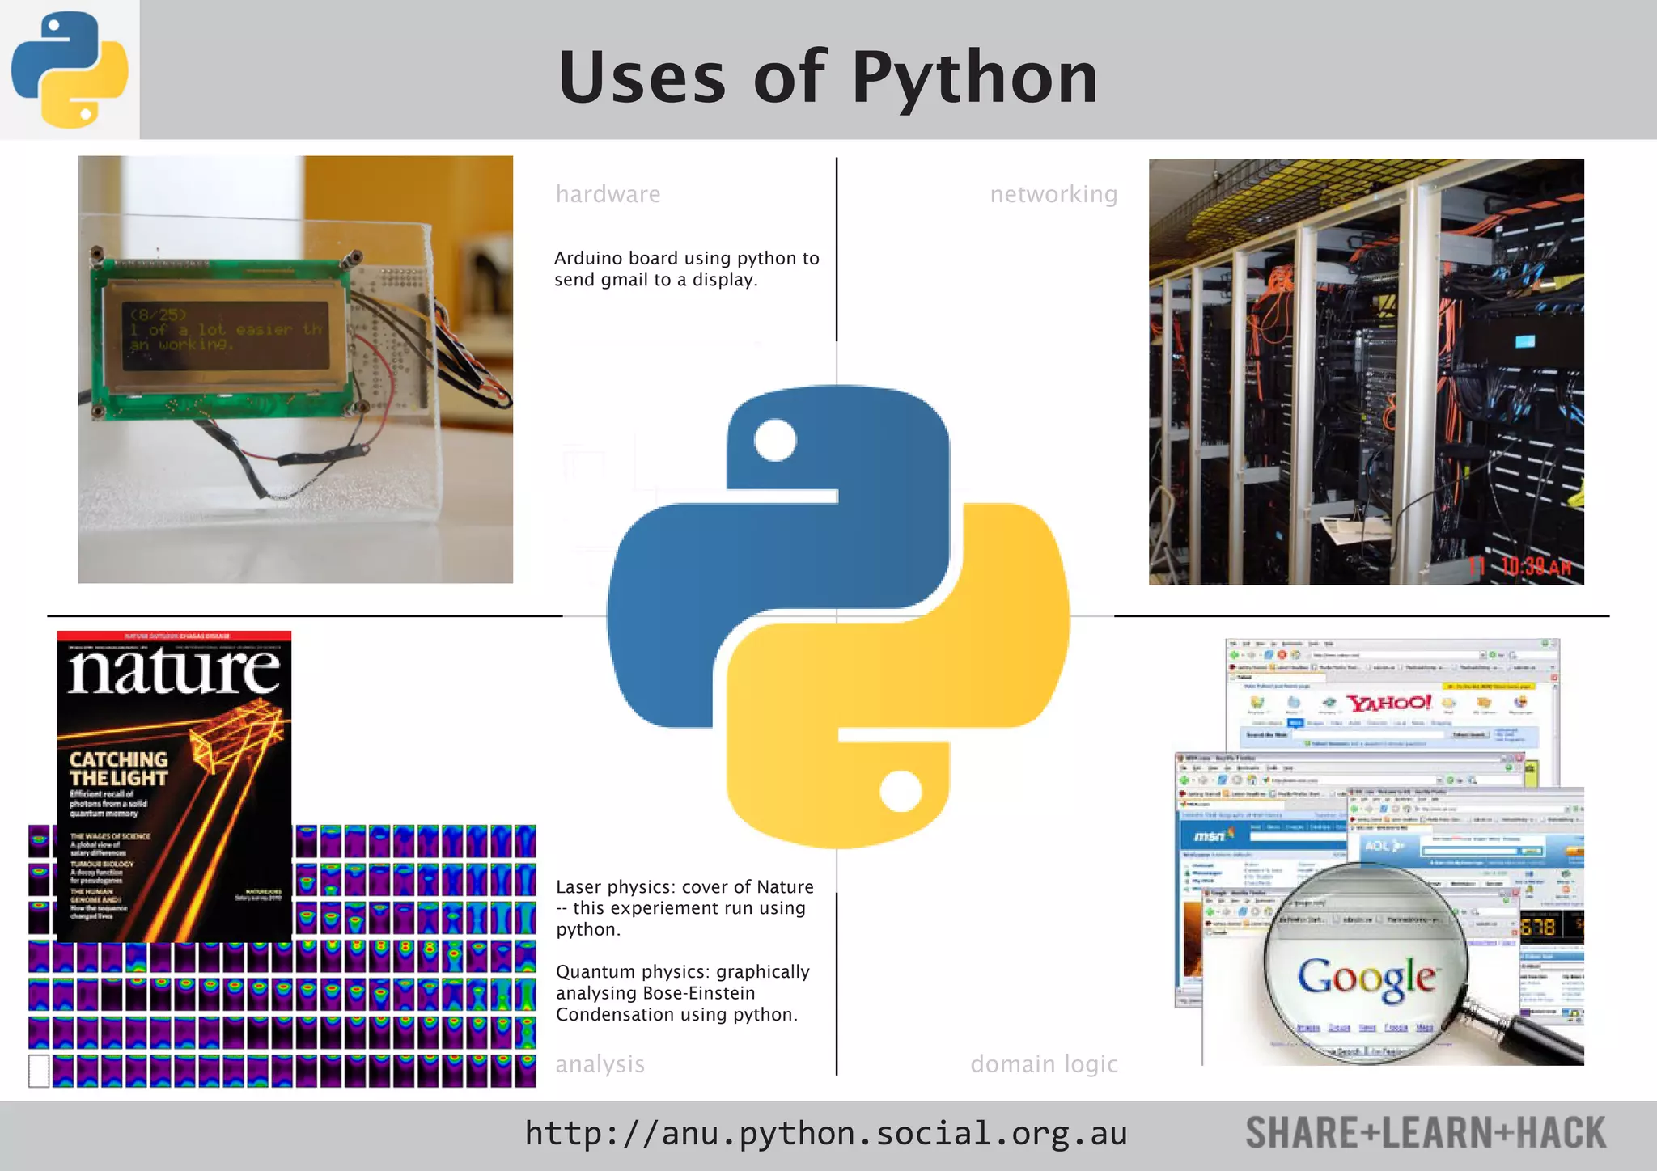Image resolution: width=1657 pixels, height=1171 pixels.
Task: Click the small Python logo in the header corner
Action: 70,70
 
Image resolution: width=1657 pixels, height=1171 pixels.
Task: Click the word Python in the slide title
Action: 975,78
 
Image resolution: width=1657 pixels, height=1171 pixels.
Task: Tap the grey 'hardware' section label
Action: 608,194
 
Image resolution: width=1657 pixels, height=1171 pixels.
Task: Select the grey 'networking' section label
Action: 1053,194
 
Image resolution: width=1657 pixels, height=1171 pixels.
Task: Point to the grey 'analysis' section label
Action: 600,1064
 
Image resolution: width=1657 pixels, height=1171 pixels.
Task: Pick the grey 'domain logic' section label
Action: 1044,1064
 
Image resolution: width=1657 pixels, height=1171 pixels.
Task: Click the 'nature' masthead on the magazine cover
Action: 174,671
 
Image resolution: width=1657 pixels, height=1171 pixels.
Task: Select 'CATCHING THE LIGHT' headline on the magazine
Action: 118,769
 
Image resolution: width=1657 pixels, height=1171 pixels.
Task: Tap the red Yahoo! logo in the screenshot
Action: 1388,702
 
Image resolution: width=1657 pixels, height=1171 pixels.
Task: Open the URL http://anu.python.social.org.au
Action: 825,1134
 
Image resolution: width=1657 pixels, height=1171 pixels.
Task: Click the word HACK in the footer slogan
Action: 1561,1133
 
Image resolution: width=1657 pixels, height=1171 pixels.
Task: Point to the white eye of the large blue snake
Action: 775,440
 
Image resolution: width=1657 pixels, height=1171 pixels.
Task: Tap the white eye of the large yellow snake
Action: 900,790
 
